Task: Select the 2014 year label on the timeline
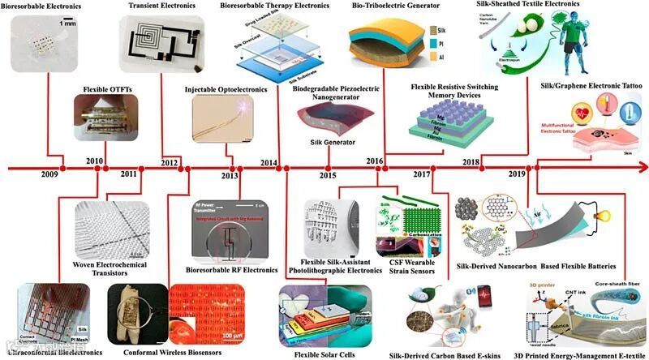tap(269, 163)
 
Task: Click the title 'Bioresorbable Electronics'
tap(39, 6)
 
